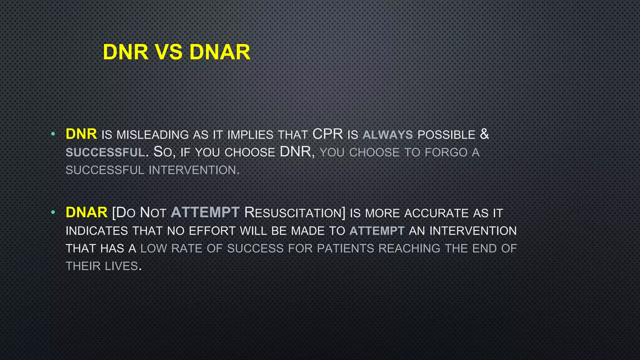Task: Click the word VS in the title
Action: tap(169, 52)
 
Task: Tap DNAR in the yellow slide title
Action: tap(220, 52)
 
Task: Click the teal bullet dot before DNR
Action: tap(53, 134)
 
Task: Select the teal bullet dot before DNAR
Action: tap(53, 213)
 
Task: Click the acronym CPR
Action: tap(327, 134)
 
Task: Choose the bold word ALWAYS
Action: tap(388, 135)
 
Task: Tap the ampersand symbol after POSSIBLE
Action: tap(484, 134)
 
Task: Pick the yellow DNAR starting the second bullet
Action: tap(87, 212)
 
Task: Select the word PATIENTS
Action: tap(345, 248)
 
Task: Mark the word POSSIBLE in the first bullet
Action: tap(446, 135)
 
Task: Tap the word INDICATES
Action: tap(97, 231)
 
